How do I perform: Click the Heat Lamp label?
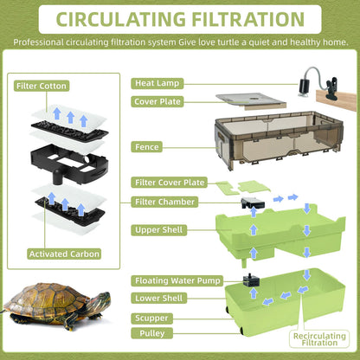pyautogui.click(x=157, y=83)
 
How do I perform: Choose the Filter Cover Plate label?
pyautogui.click(x=170, y=183)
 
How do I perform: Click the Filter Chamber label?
pyautogui.click(x=164, y=202)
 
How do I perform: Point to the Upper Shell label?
pyautogui.click(x=160, y=230)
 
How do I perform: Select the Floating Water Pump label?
pyautogui.click(x=177, y=281)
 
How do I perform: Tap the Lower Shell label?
pyautogui.click(x=159, y=299)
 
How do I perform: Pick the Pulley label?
pyautogui.click(x=151, y=332)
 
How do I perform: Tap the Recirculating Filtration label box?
pyautogui.click(x=319, y=338)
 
